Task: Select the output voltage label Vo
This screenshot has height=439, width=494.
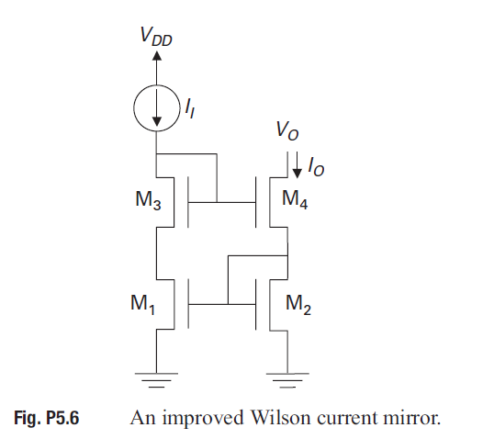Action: pyautogui.click(x=286, y=131)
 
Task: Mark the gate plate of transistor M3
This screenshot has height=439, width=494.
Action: pyautogui.click(x=186, y=200)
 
